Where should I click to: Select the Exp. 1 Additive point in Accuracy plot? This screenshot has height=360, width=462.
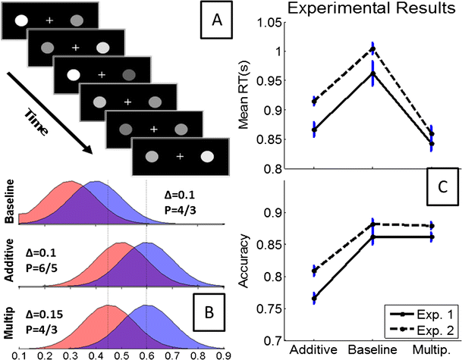(x=313, y=299)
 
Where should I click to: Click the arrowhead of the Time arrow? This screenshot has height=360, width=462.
(x=92, y=152)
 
